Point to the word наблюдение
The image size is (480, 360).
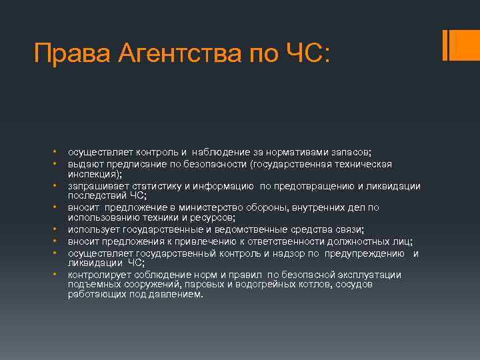pos(225,152)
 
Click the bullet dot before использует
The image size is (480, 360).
pos(58,230)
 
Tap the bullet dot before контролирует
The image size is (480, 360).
pos(58,275)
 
